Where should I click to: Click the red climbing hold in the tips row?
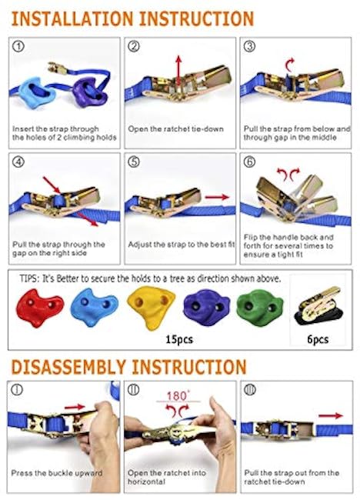pyautogui.click(x=39, y=308)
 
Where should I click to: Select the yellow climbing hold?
pyautogui.click(x=151, y=306)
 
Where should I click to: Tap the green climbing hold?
pyautogui.click(x=259, y=307)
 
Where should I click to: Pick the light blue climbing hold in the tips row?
pyautogui.click(x=94, y=307)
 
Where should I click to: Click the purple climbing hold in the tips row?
pyautogui.click(x=206, y=307)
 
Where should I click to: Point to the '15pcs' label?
pyautogui.click(x=179, y=339)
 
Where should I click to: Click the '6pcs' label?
pyautogui.click(x=318, y=339)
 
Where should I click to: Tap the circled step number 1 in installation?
pyautogui.click(x=18, y=47)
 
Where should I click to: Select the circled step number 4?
pyautogui.click(x=18, y=162)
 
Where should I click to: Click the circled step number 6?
pyautogui.click(x=249, y=162)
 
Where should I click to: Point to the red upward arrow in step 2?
pyautogui.click(x=178, y=71)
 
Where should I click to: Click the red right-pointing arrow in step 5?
pyautogui.click(x=217, y=197)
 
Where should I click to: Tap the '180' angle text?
pyautogui.click(x=177, y=396)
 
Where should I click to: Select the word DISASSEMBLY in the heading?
pyautogui.click(x=68, y=367)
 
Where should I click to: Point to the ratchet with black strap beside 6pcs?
pyautogui.click(x=318, y=305)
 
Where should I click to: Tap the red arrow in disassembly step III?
pyautogui.click(x=331, y=415)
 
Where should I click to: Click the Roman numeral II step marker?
pyautogui.click(x=133, y=389)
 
